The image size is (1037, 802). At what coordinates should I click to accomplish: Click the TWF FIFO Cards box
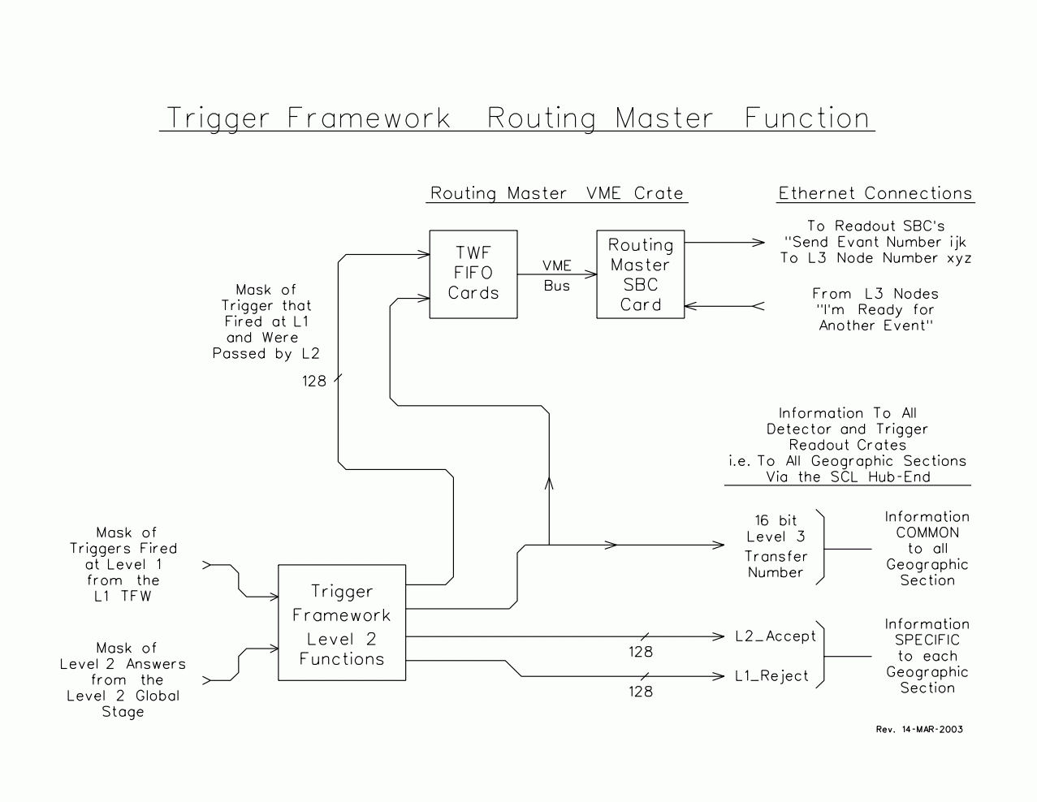[473, 274]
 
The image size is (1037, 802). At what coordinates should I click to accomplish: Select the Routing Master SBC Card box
[641, 274]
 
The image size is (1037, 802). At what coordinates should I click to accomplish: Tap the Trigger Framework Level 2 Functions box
[342, 623]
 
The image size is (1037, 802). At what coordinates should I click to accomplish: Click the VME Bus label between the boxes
[557, 275]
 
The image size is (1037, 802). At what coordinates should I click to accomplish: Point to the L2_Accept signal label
[776, 636]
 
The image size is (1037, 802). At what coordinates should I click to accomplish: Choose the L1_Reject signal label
[771, 676]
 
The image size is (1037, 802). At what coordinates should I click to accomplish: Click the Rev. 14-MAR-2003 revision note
[919, 729]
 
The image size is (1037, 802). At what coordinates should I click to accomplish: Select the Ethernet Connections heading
[875, 193]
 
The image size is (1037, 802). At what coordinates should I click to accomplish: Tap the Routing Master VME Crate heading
[557, 193]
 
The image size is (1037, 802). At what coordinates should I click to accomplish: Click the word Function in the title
[807, 118]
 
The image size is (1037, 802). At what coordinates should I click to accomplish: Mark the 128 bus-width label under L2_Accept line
[641, 652]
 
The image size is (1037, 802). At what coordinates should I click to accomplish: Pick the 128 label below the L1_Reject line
[641, 692]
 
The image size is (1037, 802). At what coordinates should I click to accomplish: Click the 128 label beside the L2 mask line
[314, 381]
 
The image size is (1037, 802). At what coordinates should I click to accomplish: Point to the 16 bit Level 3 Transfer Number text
[776, 546]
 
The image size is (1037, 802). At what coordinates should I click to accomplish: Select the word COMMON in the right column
[927, 533]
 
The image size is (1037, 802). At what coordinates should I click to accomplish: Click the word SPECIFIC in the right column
[927, 640]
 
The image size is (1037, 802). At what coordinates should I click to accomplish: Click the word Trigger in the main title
[218, 118]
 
